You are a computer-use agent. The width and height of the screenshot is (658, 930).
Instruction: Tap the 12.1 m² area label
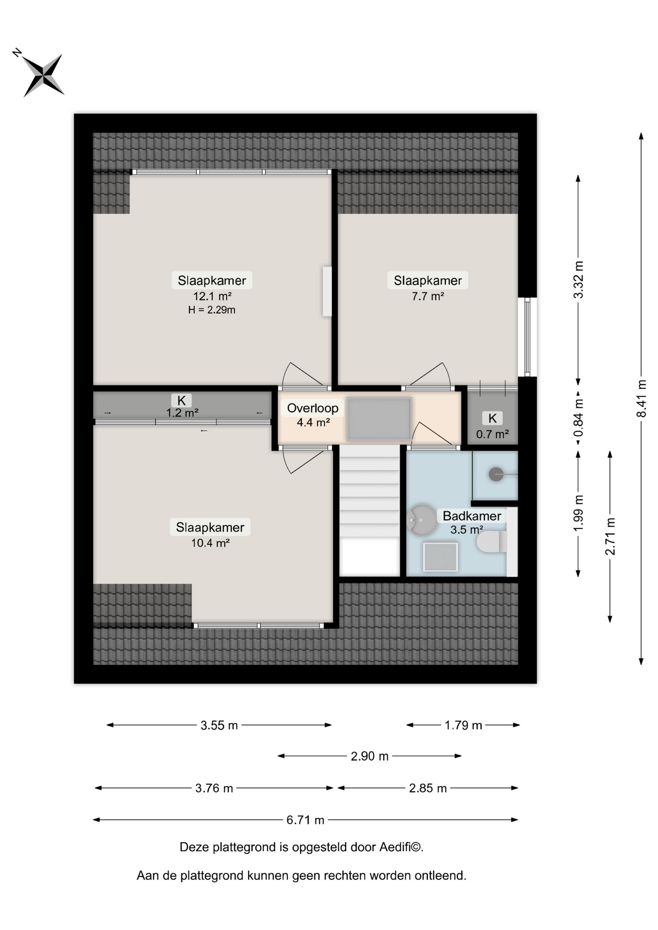(212, 296)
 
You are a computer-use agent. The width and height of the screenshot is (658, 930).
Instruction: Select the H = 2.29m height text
(212, 310)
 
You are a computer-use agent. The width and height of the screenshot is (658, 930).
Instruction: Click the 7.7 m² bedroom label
(428, 296)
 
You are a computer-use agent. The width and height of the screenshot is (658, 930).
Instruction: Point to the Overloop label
(313, 408)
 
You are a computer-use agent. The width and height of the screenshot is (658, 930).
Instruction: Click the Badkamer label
(471, 516)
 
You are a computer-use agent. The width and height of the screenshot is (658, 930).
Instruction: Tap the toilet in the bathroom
(492, 542)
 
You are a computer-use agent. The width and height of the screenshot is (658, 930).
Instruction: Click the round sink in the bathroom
(422, 520)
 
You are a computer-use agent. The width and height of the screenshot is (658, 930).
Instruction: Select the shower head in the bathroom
(496, 474)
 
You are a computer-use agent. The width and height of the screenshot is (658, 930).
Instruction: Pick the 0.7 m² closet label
(492, 434)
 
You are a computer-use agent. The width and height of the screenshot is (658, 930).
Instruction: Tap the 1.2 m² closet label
(182, 413)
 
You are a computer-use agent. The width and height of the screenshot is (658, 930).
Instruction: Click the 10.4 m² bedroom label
(210, 543)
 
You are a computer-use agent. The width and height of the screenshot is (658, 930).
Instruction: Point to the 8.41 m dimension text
(642, 398)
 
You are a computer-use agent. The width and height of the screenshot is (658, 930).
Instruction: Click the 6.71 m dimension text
(305, 820)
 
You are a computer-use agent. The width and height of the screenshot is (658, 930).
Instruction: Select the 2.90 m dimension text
(370, 756)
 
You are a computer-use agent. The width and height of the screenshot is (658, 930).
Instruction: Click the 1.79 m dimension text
(463, 725)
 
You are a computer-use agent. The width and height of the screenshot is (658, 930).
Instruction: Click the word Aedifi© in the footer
(401, 847)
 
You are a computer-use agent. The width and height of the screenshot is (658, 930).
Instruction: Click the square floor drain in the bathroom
(440, 557)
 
